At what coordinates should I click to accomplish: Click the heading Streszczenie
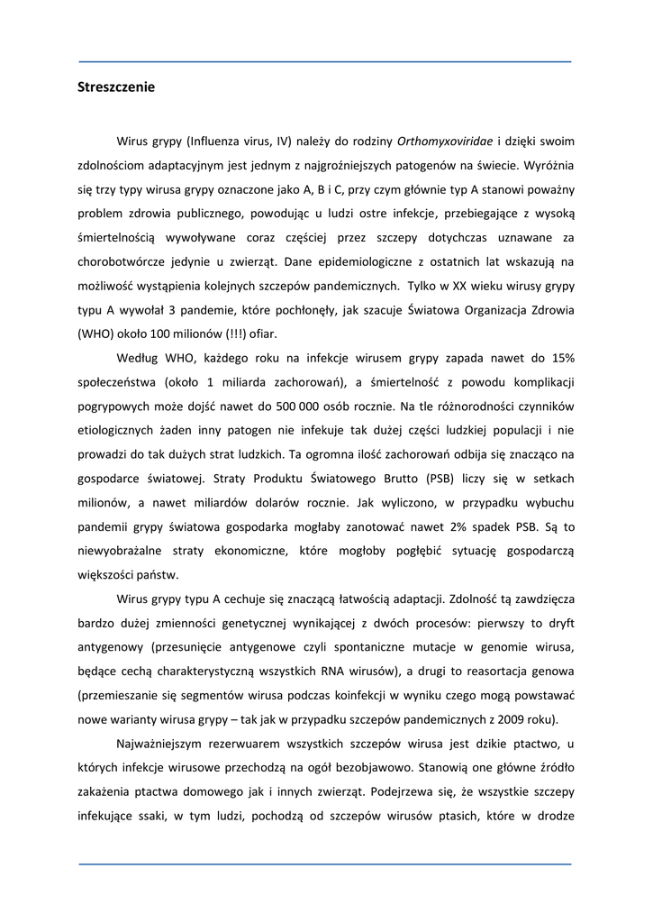[x=116, y=87]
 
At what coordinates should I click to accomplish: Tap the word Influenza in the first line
[x=214, y=142]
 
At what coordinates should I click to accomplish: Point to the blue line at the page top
[x=325, y=61]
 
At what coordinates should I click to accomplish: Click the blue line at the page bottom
[x=325, y=864]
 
